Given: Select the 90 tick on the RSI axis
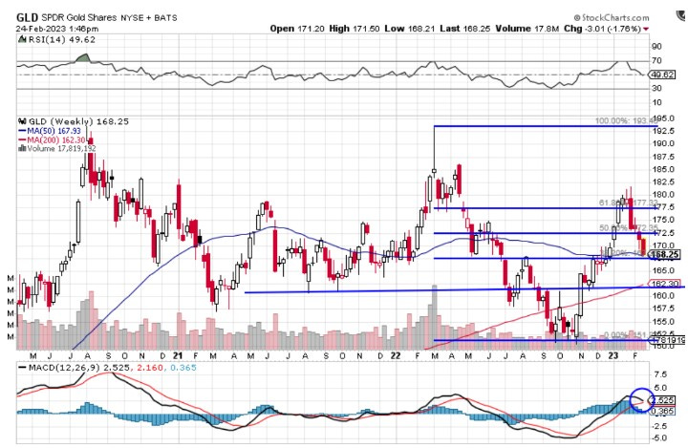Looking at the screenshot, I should [657, 45].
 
